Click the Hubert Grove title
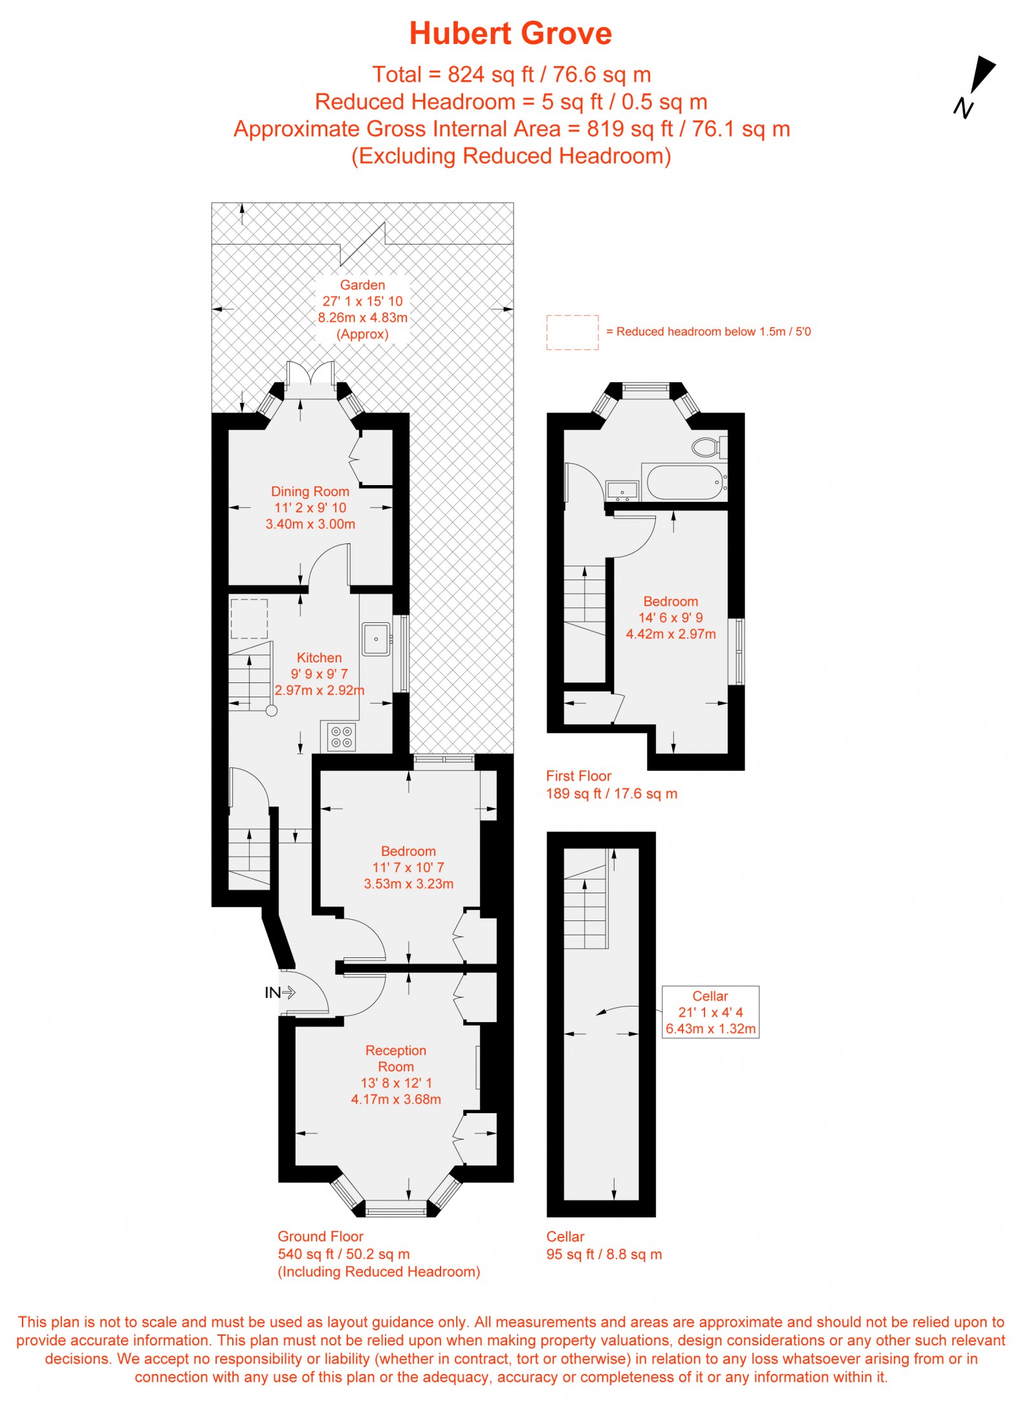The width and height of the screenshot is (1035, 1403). click(510, 34)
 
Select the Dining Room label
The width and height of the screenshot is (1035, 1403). click(310, 492)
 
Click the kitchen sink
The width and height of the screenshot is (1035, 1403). click(375, 638)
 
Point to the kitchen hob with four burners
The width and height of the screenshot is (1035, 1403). click(341, 737)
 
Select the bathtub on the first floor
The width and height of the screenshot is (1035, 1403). click(685, 483)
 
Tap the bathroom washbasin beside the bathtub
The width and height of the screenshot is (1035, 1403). click(622, 491)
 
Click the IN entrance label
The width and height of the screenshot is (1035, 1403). click(272, 992)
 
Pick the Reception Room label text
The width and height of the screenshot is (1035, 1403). click(395, 1058)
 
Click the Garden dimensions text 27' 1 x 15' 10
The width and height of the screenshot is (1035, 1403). click(362, 301)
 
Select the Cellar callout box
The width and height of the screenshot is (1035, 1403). click(710, 1012)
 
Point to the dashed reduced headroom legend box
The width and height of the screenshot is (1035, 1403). click(572, 332)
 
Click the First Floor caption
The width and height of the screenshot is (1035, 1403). click(578, 776)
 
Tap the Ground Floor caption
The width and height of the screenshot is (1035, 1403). click(320, 1237)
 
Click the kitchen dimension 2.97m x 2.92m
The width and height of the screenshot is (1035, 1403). click(320, 690)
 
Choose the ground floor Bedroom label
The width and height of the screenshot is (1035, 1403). click(408, 851)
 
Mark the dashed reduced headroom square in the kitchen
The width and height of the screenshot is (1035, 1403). click(249, 618)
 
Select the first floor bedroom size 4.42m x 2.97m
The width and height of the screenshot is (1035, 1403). click(671, 635)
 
